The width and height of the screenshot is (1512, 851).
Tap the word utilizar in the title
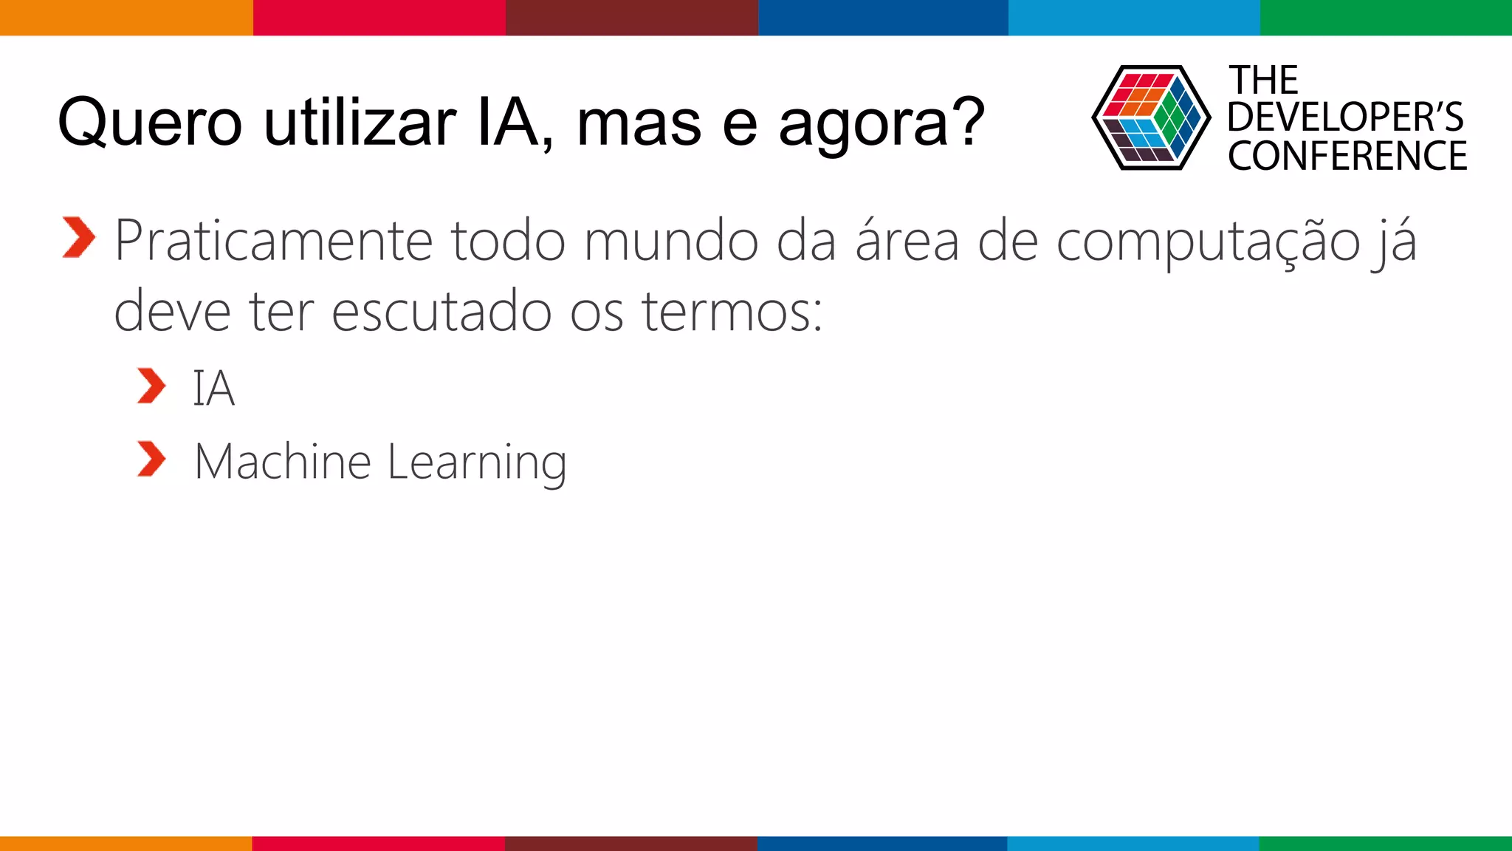[x=360, y=123]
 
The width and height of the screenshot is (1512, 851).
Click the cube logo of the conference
[x=1151, y=118]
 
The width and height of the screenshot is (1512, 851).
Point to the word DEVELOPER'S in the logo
[x=1345, y=117]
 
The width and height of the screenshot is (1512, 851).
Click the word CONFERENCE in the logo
[x=1347, y=156]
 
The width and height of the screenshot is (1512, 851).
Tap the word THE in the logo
[x=1263, y=80]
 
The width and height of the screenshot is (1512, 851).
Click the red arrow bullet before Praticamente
[x=79, y=238]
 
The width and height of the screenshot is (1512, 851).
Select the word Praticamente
[x=274, y=241]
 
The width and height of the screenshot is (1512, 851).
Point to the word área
[x=907, y=241]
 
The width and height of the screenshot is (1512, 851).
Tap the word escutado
[x=441, y=311]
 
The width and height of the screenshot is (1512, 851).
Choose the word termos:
[x=732, y=311]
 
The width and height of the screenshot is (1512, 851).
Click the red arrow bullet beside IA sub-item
[x=151, y=386]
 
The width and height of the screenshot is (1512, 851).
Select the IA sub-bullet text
[x=213, y=389]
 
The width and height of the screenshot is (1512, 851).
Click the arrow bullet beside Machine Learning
[x=151, y=459]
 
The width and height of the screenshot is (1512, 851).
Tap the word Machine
[x=282, y=462]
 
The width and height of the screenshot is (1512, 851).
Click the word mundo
[x=671, y=241]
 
